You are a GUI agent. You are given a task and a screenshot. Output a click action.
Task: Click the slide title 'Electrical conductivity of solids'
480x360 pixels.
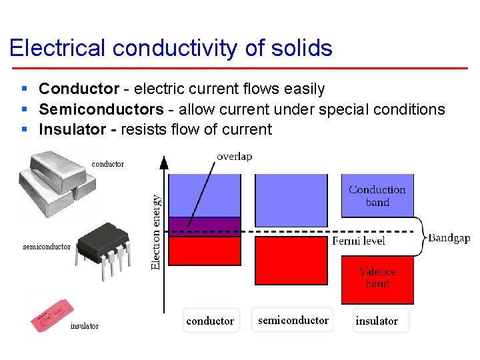tap(171, 48)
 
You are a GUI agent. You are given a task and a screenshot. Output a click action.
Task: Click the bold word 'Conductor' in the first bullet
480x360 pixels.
tap(78, 89)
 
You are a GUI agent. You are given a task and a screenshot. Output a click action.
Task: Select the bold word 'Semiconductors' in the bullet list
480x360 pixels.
tap(101, 109)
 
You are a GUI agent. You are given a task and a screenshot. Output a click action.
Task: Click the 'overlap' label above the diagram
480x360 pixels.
tap(234, 157)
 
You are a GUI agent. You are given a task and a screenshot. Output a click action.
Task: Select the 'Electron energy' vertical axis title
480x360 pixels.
tap(155, 231)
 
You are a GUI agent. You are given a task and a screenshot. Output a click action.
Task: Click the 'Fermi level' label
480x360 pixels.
tap(359, 241)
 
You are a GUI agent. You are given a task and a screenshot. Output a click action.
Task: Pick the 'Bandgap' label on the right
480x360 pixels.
tap(449, 238)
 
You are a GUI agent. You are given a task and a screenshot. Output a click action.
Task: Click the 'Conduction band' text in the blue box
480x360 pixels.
tap(377, 195)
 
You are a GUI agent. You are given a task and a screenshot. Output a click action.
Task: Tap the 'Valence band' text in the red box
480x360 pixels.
tap(377, 277)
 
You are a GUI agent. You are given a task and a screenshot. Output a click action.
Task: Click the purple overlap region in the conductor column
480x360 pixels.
tap(204, 227)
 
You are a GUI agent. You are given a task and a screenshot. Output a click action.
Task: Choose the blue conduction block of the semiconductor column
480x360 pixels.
tap(293, 199)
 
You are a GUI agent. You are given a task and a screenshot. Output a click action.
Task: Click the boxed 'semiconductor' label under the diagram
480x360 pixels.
tap(293, 320)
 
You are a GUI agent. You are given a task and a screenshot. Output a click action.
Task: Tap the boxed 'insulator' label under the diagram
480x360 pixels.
tap(377, 321)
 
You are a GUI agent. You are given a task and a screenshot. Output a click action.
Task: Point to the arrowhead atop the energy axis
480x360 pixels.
tap(165, 161)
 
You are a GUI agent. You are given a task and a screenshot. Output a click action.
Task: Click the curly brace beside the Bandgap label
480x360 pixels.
tap(419, 236)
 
